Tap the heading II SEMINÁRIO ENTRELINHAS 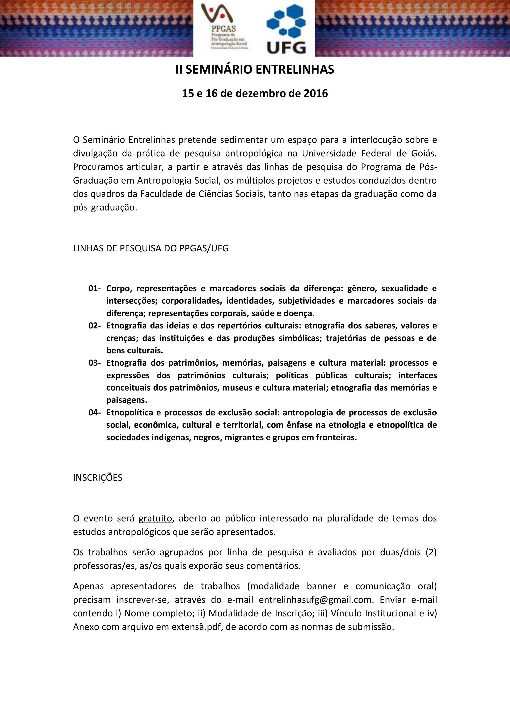pyautogui.click(x=255, y=70)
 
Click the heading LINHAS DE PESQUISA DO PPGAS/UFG pyautogui.click(x=151, y=248)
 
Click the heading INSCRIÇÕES pyautogui.click(x=98, y=478)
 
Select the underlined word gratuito pyautogui.click(x=155, y=519)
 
